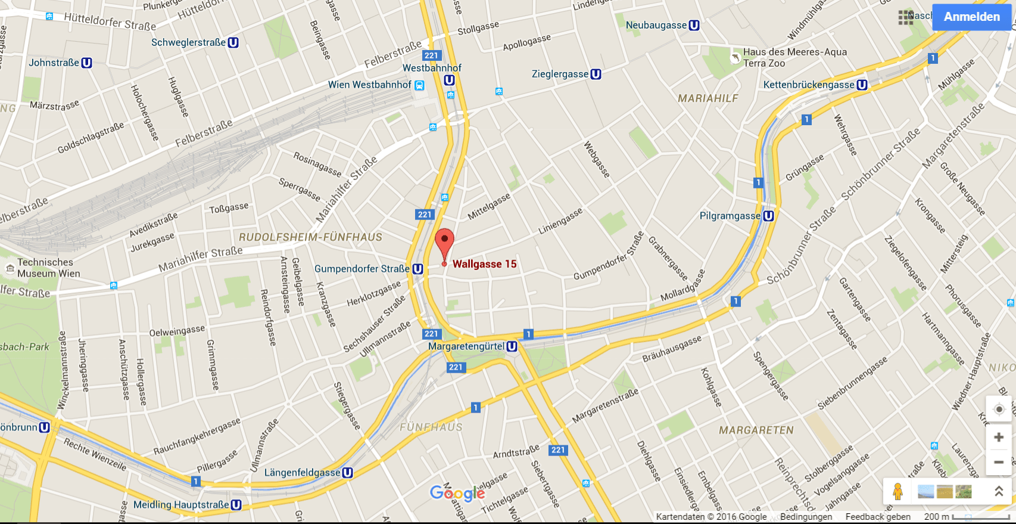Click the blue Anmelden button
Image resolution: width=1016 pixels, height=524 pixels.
(x=971, y=17)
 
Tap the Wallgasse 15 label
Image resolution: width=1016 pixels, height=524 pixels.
(x=484, y=264)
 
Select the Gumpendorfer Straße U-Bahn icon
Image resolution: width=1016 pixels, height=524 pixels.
(x=418, y=269)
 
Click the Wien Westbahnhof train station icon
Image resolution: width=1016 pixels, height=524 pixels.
(x=419, y=85)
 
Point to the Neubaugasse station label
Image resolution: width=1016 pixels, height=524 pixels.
(x=656, y=25)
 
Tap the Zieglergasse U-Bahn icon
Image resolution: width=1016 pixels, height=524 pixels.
(x=596, y=75)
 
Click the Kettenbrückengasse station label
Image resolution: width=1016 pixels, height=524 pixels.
(x=808, y=85)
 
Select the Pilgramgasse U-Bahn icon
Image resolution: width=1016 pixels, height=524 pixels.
(x=768, y=216)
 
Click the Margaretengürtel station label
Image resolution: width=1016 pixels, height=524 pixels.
(x=466, y=346)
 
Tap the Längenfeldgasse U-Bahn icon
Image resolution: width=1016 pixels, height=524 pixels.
(x=347, y=473)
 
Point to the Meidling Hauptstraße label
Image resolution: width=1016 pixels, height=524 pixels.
(x=180, y=505)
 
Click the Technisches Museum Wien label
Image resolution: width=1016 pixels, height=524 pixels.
(x=48, y=268)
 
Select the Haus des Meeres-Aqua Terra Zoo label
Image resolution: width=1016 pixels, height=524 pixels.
(x=794, y=57)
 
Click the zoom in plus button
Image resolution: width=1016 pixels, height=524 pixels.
(x=999, y=438)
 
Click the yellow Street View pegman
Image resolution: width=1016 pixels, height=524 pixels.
(x=898, y=491)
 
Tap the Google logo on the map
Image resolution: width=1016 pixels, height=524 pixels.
(x=457, y=493)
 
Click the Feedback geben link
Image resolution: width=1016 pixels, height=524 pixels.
(x=877, y=517)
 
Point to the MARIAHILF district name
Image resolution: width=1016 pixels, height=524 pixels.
(x=708, y=98)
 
